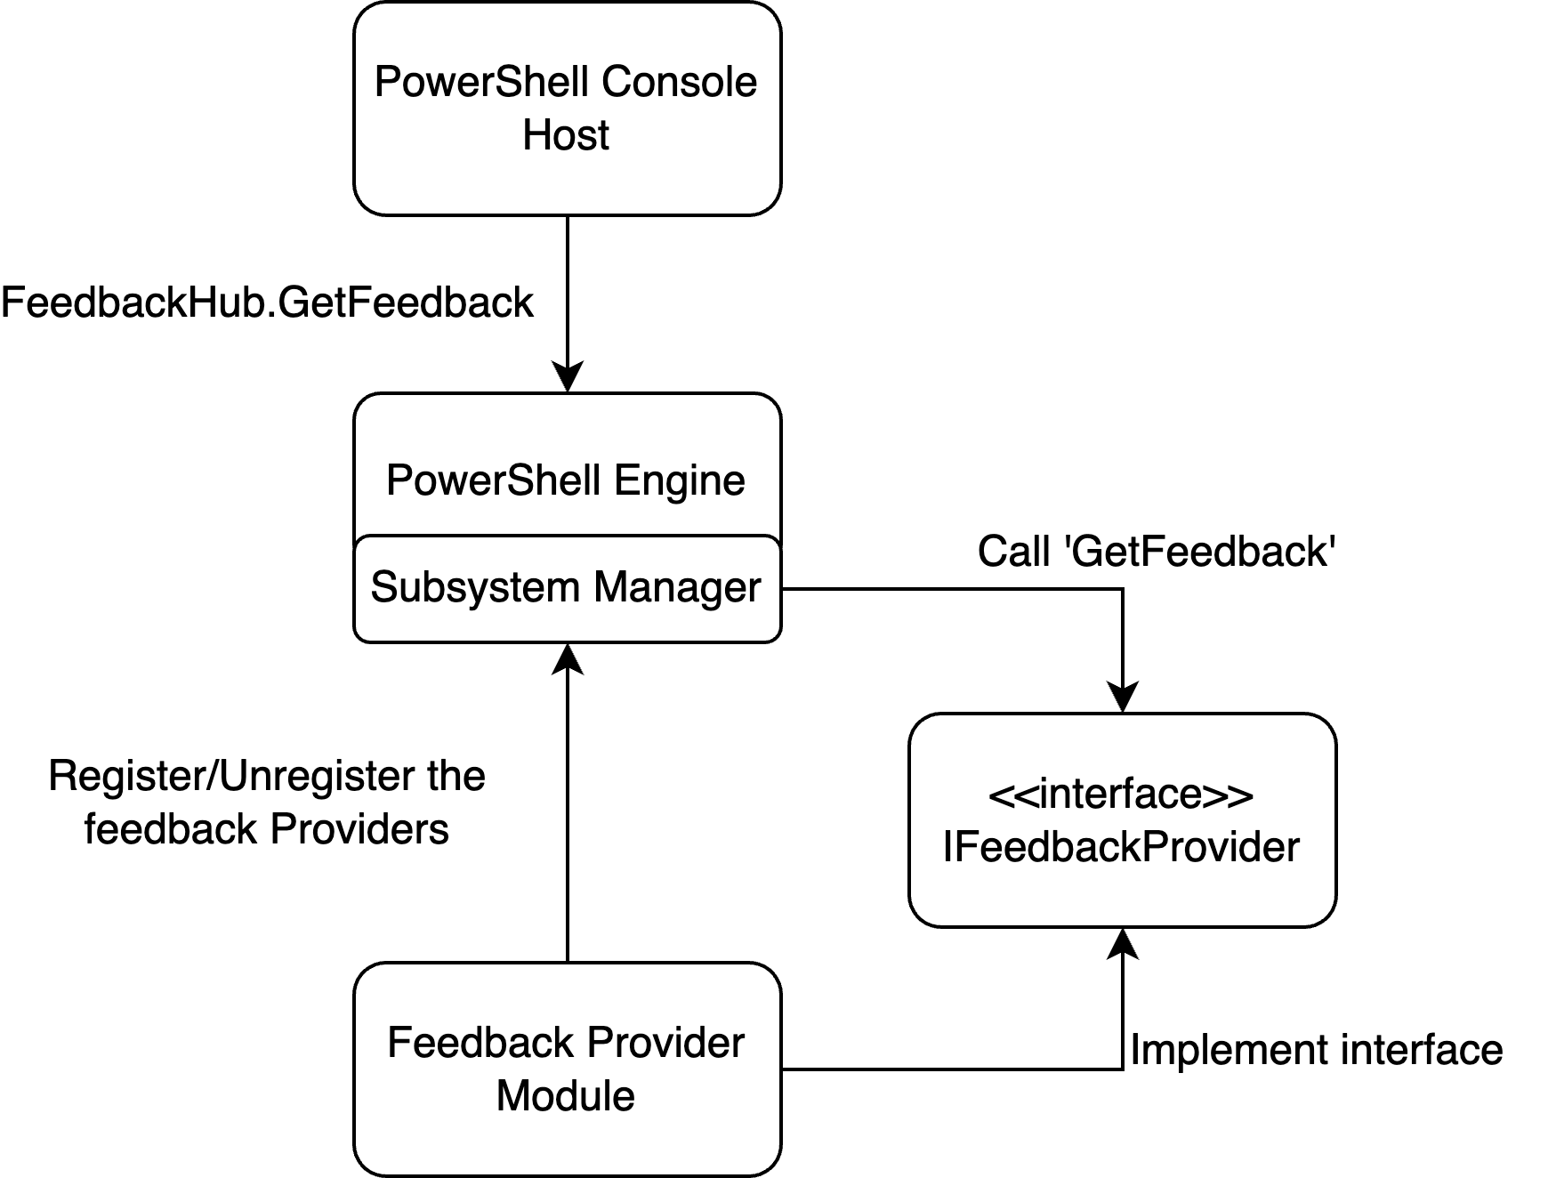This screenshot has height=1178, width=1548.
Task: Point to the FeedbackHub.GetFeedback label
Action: click(267, 303)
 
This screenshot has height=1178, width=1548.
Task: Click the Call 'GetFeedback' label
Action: click(1157, 552)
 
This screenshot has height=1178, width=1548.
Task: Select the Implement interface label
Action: click(1316, 1050)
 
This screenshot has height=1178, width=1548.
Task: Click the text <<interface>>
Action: click(1121, 794)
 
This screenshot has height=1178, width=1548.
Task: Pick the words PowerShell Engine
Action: click(566, 481)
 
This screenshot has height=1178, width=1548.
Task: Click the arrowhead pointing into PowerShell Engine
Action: click(568, 377)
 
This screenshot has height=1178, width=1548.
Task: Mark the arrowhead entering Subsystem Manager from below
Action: click(568, 658)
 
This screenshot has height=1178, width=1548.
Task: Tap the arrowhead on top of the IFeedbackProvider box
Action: click(1123, 698)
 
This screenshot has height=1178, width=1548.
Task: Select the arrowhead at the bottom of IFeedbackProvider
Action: click(1123, 943)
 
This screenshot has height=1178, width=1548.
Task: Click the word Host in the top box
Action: click(566, 135)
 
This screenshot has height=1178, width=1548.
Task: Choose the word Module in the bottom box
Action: click(566, 1095)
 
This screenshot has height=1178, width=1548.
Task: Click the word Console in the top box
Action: click(680, 82)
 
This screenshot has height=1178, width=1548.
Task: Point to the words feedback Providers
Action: click(267, 829)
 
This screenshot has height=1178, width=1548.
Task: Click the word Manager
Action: click(677, 587)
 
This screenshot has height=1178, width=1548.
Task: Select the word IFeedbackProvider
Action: click(1121, 847)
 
